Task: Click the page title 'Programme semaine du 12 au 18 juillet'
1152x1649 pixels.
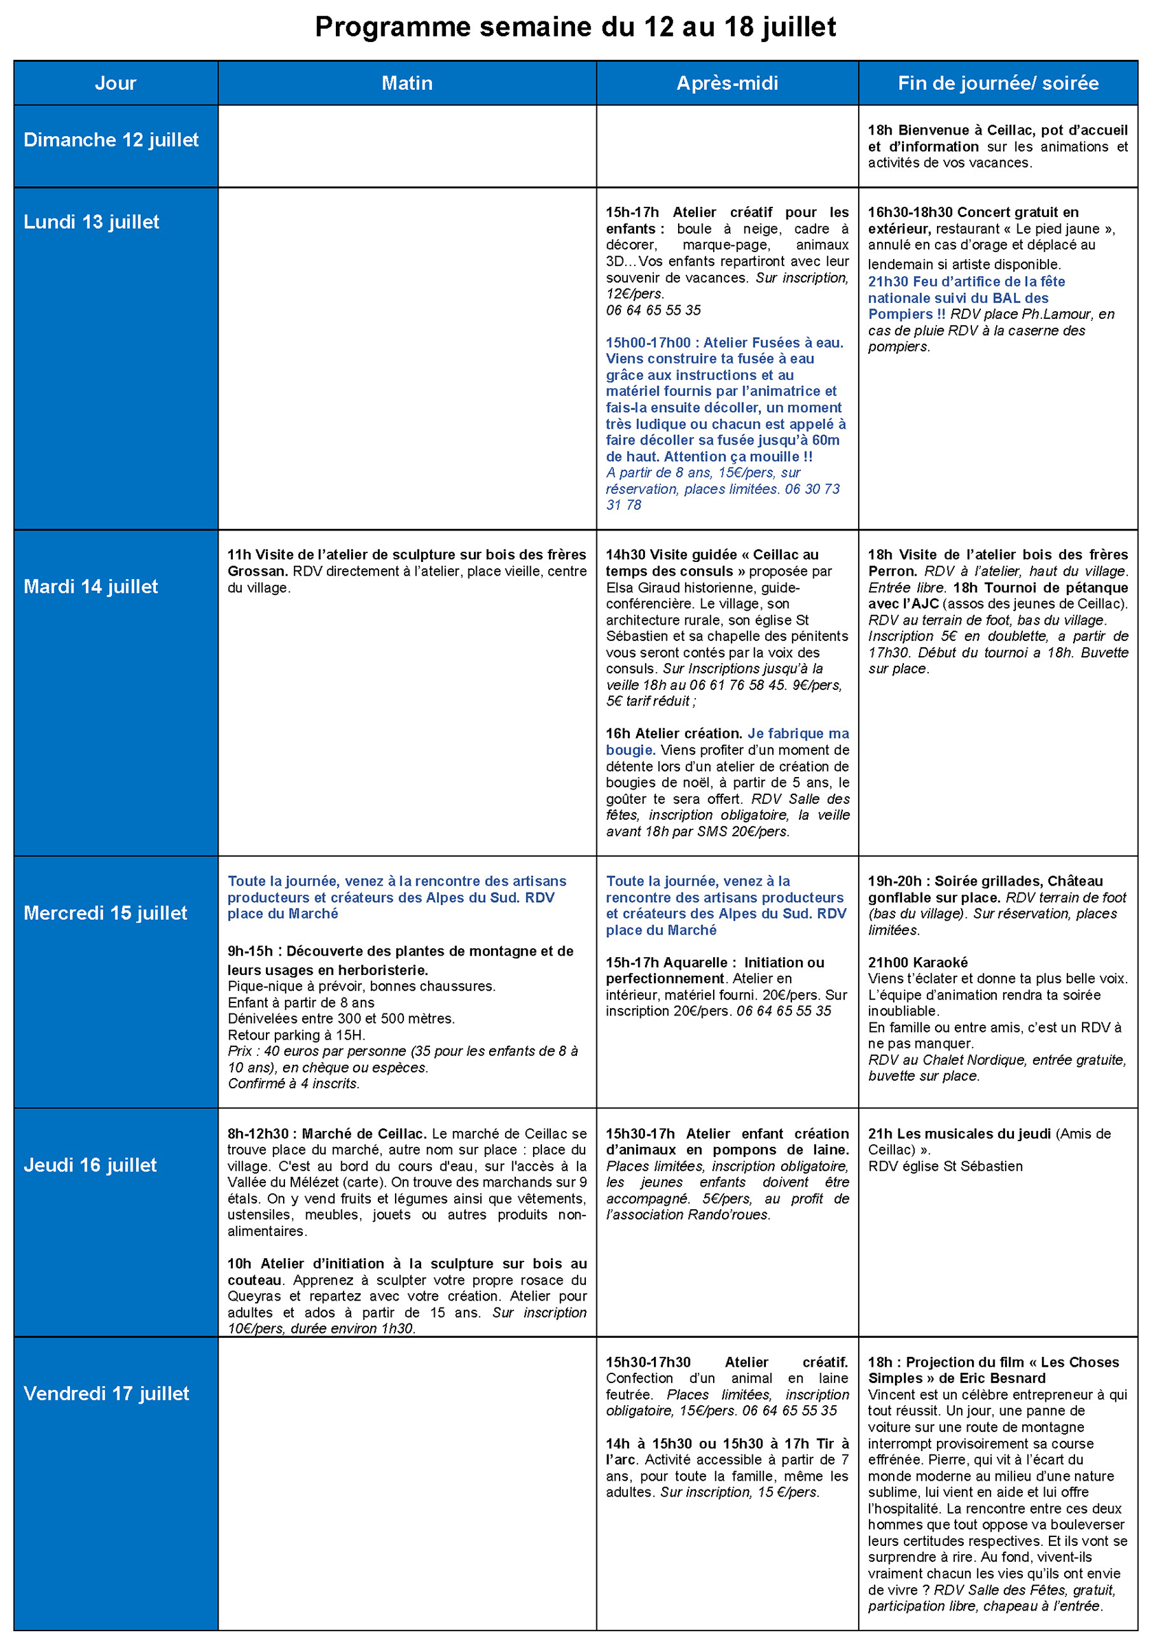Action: coord(575,27)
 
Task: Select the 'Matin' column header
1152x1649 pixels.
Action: coord(407,83)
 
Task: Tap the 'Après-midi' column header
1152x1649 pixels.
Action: coord(727,83)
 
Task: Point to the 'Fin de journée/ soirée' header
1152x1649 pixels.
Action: coord(997,83)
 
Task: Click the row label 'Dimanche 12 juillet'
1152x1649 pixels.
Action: coord(111,140)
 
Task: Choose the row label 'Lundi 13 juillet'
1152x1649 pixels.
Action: coord(91,222)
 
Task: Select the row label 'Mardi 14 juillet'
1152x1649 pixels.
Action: coord(91,587)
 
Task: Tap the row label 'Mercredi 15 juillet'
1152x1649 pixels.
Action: coord(105,913)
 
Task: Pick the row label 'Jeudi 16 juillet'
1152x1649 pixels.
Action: coord(90,1165)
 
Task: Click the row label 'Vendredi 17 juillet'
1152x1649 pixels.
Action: coord(106,1393)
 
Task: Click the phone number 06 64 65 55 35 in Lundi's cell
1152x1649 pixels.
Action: coord(653,311)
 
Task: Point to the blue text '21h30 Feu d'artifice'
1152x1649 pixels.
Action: coord(966,282)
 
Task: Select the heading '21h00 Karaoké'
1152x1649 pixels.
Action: coord(917,963)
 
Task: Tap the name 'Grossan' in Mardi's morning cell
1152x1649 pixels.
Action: coord(256,572)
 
